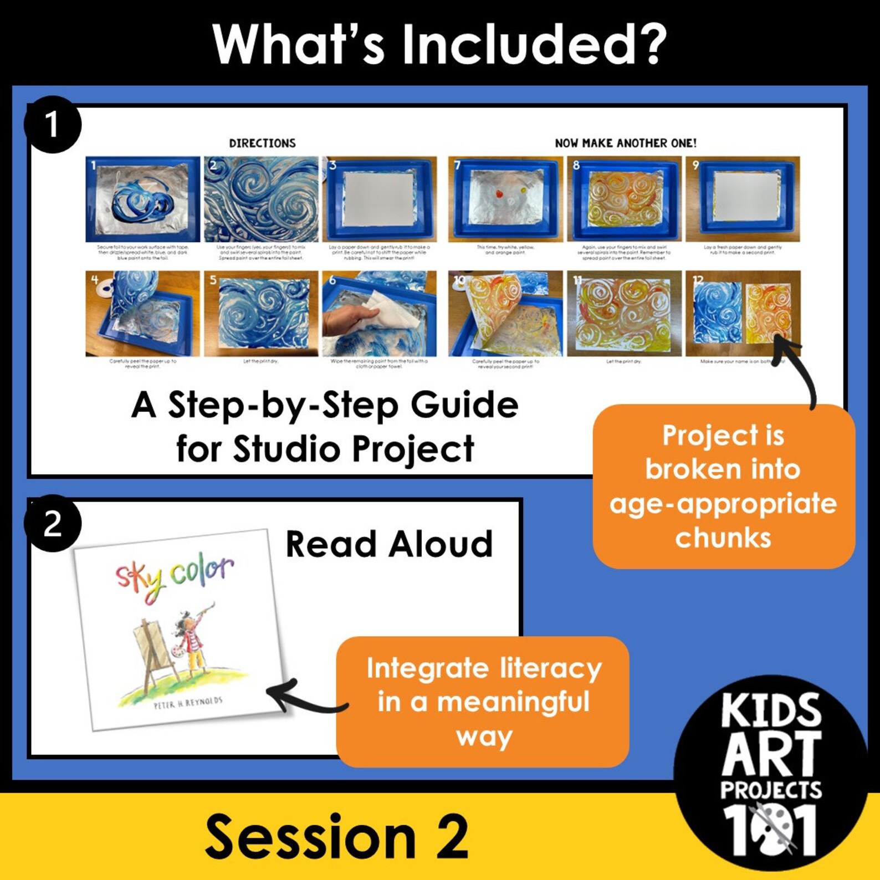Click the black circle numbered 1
(52, 124)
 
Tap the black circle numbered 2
(52, 523)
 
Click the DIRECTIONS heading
(262, 143)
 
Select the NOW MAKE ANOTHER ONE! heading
(626, 143)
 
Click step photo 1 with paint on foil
(142, 199)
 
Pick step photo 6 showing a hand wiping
(379, 313)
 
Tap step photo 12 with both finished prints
(743, 313)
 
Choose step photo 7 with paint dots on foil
(505, 199)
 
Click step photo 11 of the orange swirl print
(625, 313)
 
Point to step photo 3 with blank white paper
(379, 199)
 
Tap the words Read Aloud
(389, 544)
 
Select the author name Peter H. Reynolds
(188, 703)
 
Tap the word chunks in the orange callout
(723, 538)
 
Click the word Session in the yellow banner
(310, 837)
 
